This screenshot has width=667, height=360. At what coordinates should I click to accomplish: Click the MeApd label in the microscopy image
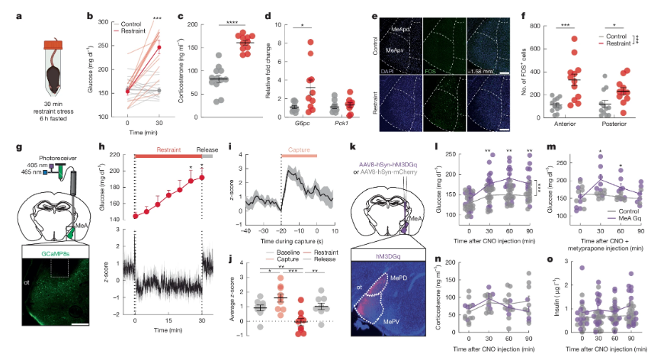click(x=400, y=28)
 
